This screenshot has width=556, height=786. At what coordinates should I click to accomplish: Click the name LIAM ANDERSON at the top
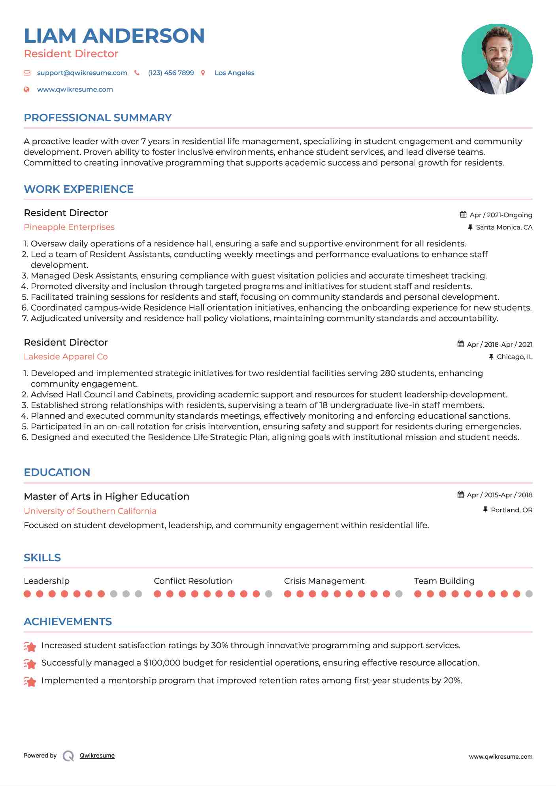(114, 36)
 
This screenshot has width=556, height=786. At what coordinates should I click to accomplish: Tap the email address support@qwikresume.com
(82, 73)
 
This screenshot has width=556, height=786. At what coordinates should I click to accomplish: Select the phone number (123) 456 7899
(171, 73)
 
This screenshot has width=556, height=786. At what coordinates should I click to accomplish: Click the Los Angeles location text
(234, 73)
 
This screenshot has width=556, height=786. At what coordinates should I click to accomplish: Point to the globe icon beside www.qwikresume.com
(26, 89)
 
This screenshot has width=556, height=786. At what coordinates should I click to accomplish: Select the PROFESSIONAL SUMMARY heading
(98, 118)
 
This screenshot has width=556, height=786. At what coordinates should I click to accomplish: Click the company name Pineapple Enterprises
(69, 227)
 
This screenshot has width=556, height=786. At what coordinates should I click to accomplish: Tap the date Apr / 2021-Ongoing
(501, 215)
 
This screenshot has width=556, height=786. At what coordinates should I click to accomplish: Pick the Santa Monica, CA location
(504, 227)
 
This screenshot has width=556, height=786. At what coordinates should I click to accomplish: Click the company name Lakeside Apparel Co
(66, 357)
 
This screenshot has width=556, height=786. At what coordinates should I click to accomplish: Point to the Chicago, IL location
(514, 357)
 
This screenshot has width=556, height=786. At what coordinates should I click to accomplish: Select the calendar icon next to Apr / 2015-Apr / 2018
(460, 495)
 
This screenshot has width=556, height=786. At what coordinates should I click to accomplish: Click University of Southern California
(90, 511)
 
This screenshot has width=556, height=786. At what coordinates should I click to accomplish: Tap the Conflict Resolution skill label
(193, 581)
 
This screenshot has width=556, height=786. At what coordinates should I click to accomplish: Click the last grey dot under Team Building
(529, 594)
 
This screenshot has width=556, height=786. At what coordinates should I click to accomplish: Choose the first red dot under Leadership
(27, 594)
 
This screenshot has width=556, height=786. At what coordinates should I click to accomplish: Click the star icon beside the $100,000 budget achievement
(30, 664)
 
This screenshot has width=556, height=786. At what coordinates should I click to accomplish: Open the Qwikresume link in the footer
(97, 756)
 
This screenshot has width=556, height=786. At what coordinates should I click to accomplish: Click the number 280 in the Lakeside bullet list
(388, 373)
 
